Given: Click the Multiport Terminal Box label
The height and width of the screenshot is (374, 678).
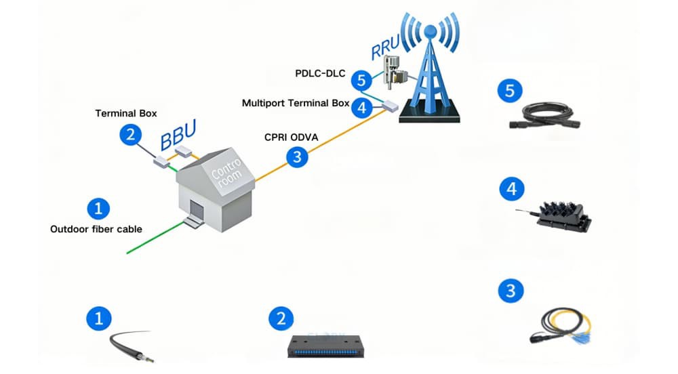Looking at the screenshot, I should pos(296,104).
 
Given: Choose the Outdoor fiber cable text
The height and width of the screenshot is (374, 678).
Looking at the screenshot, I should pos(96,229).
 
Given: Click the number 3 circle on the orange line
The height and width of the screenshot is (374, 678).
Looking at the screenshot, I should pos(297,158).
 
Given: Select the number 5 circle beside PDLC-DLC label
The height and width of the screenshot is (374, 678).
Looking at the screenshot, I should pos(361,81).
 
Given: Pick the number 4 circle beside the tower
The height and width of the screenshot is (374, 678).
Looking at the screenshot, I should pos(361,107).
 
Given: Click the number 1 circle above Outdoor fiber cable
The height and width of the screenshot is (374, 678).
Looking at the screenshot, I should pos(99,207).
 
